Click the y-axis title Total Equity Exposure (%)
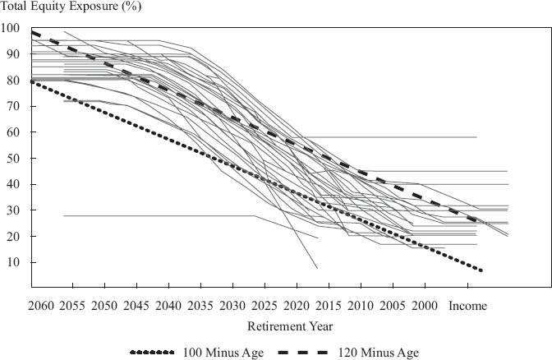[71, 7]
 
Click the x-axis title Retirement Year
[290, 326]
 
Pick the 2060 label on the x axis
[41, 306]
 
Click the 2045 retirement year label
[136, 306]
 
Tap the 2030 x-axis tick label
[232, 306]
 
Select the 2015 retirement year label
[329, 306]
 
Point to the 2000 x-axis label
[425, 306]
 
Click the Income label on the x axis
[468, 306]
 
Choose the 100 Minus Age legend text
[223, 353]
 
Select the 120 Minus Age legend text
[379, 353]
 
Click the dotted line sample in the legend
[152, 353]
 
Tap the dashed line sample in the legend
[303, 353]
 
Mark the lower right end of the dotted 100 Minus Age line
[481, 270]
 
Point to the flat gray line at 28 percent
[159, 215]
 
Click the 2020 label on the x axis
[297, 306]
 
